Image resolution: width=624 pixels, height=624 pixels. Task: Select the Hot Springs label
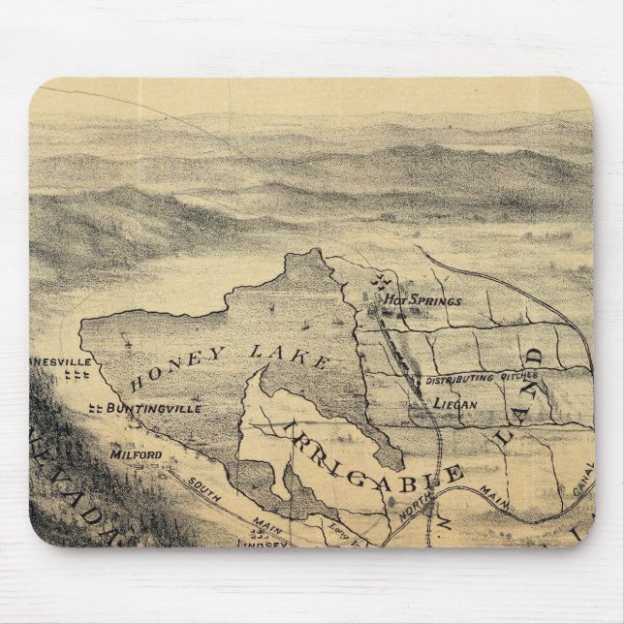[422, 300]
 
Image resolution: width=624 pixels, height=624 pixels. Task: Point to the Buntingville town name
[154, 408]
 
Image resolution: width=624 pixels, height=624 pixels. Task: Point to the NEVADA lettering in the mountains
[87, 504]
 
